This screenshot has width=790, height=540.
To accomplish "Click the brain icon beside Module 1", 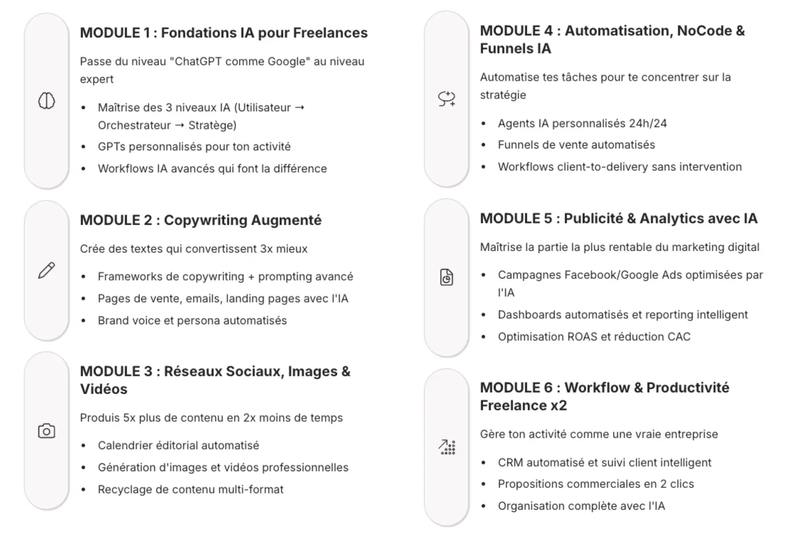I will [x=46, y=101].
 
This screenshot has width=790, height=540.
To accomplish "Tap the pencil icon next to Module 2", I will [x=46, y=270].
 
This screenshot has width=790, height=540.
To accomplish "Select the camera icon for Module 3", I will [x=46, y=431].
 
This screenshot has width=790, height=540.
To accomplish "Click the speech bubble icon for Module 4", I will [x=447, y=98].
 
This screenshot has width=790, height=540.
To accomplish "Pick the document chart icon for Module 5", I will [x=447, y=277].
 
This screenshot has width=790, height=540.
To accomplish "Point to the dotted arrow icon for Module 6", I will [x=447, y=447].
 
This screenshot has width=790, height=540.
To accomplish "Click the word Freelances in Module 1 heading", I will [x=330, y=33].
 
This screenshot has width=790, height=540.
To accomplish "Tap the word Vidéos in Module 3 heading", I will [x=104, y=389].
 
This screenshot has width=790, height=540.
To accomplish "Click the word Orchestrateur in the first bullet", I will [x=134, y=125].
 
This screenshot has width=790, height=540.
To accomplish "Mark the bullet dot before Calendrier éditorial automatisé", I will [x=83, y=446].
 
